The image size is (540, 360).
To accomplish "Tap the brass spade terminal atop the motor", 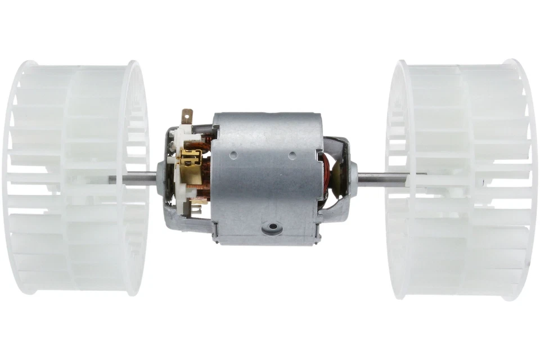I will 186,116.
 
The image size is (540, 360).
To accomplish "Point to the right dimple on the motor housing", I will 291,154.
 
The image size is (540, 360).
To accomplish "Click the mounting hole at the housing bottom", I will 273,227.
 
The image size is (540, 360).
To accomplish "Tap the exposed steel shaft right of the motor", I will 382,179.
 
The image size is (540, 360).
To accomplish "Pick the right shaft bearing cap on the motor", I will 352,179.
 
